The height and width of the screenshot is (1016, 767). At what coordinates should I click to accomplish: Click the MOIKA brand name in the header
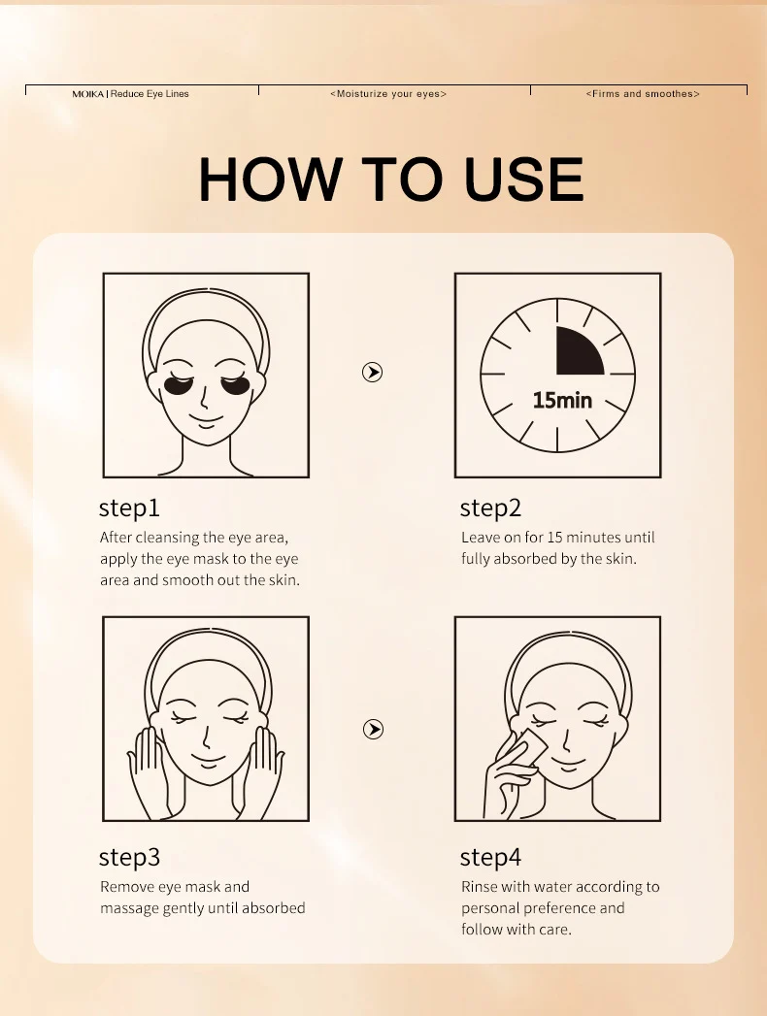point(87,94)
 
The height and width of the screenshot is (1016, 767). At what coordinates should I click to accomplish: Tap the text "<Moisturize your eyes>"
point(388,94)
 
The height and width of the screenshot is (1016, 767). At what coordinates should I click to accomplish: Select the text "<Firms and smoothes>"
point(643,94)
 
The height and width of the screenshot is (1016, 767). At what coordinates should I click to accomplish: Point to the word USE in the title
point(524,179)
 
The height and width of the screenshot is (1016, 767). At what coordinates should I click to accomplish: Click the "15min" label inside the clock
point(562,400)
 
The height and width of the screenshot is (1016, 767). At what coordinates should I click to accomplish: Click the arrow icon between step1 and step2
point(372,372)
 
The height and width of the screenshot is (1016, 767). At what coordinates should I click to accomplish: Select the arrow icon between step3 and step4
point(372,729)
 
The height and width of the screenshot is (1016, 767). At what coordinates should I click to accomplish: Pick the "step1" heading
point(129,508)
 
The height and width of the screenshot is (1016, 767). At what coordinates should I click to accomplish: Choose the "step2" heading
point(490,508)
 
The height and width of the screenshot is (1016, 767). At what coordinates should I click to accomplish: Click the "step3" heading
point(129,858)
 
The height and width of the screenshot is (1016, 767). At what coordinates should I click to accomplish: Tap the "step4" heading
point(490,858)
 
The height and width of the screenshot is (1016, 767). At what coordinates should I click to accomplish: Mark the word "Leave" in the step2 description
point(481,538)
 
